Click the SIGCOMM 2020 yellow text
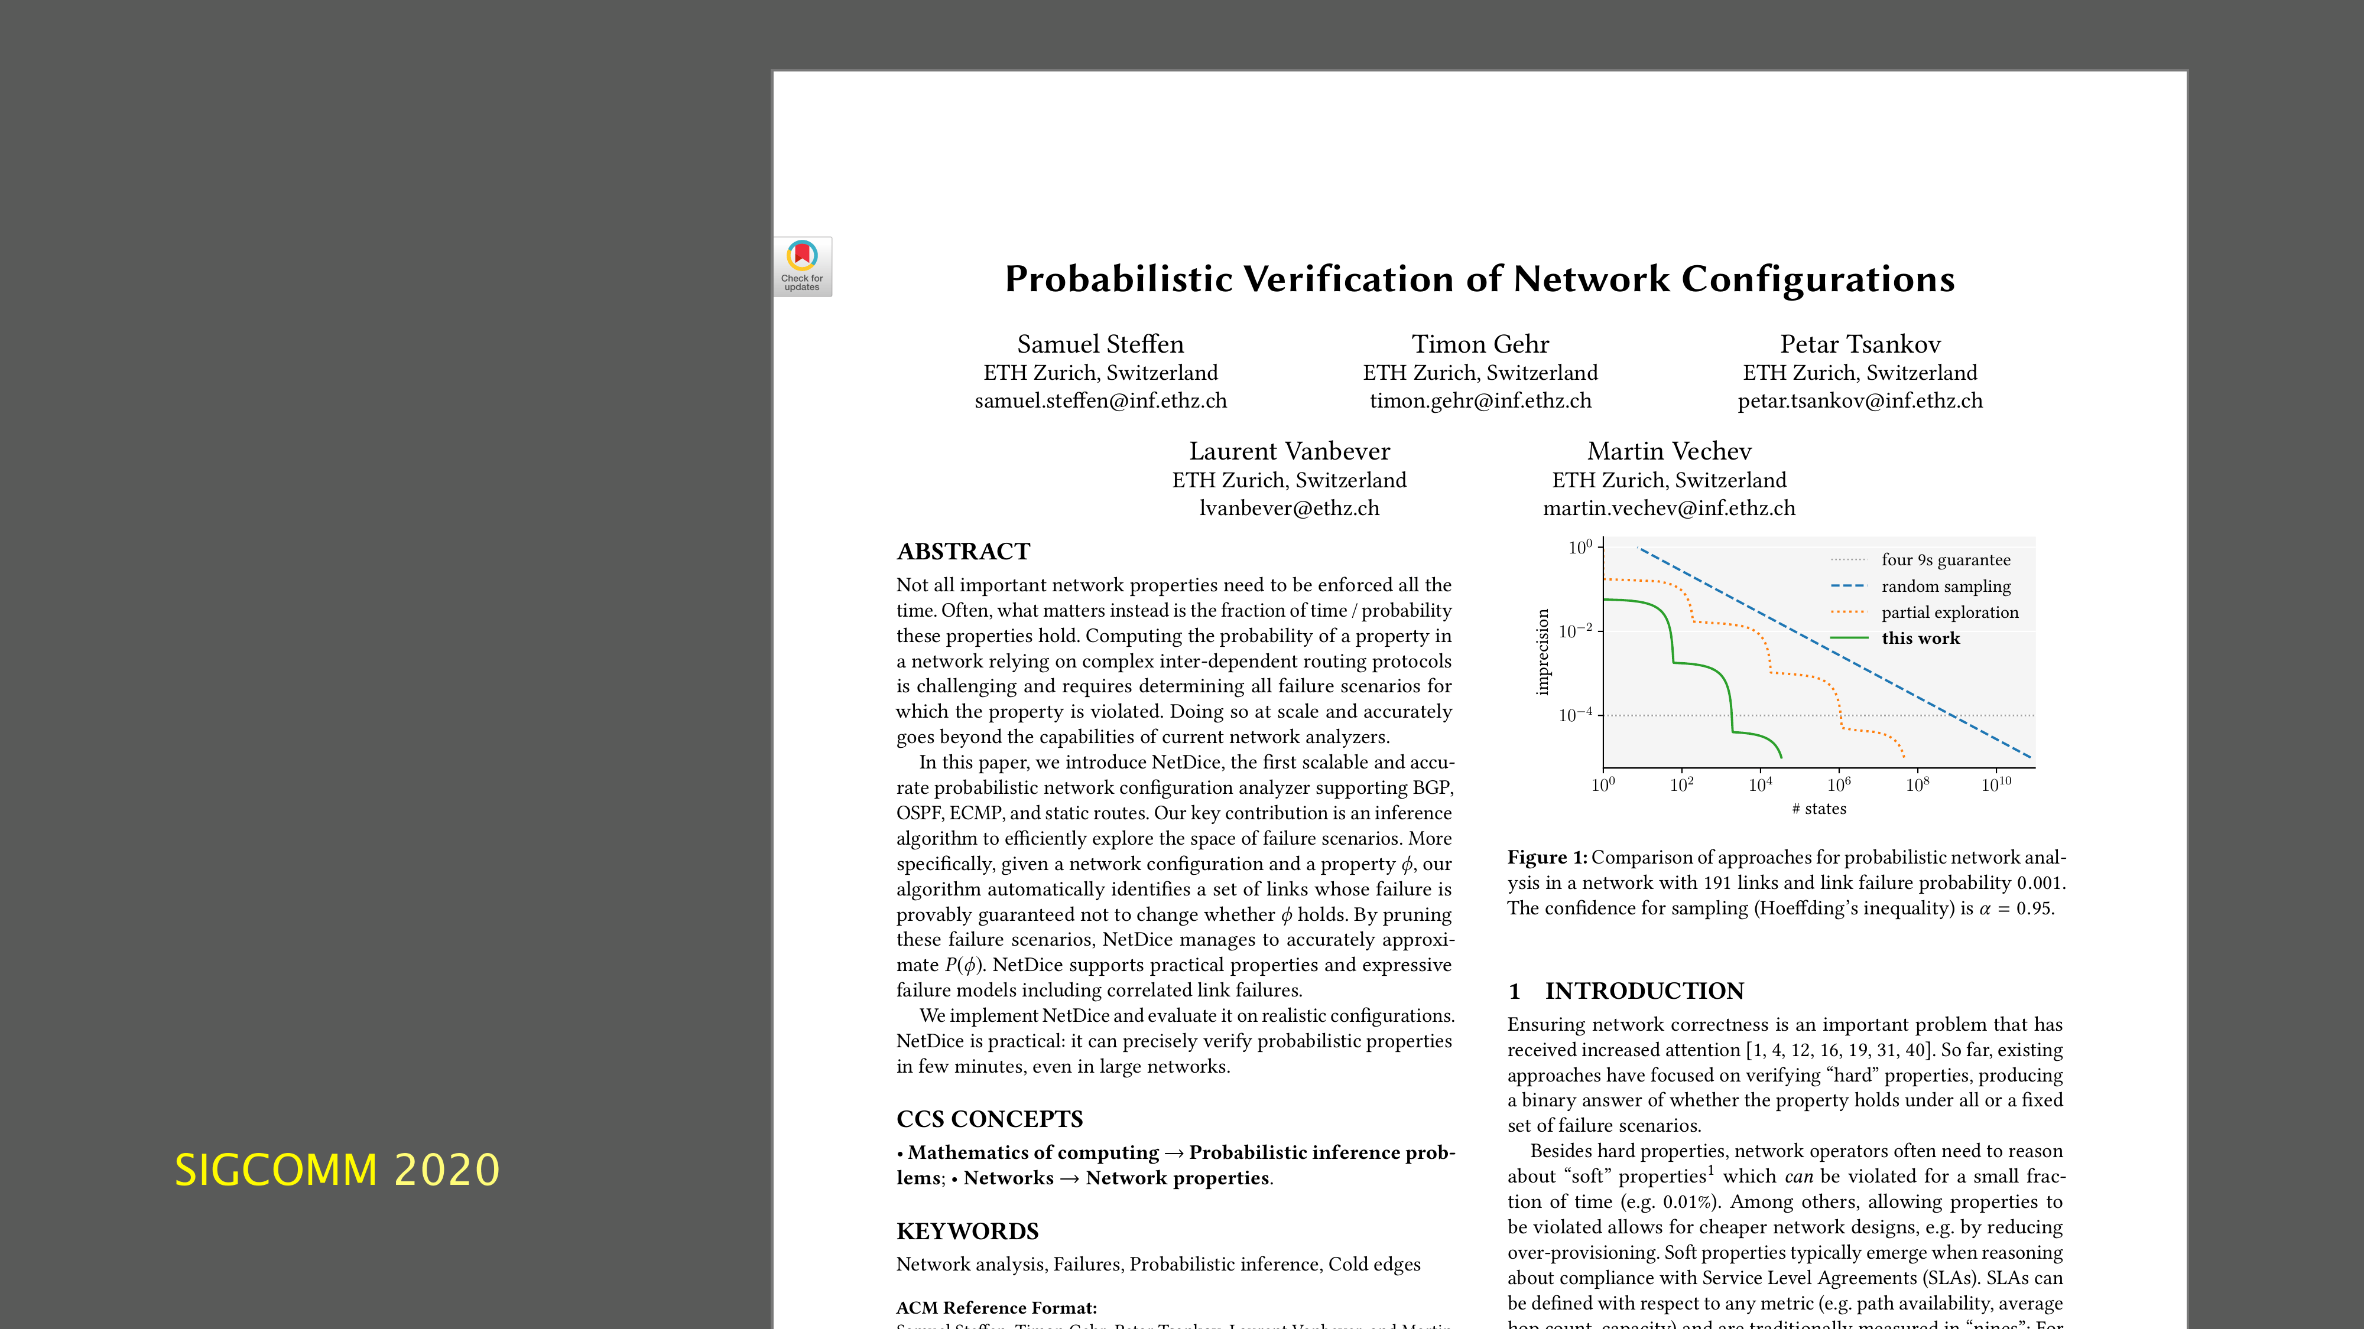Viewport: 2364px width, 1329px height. pos(337,1170)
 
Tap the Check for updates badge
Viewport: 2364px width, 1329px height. pos(802,266)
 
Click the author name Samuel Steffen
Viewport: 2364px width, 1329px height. pos(1100,344)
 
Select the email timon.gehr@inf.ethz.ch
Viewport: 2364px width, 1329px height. pos(1480,401)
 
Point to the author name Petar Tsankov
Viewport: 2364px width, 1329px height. pos(1860,344)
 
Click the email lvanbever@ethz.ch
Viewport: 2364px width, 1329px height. pos(1290,508)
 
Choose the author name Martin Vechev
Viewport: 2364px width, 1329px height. pos(1670,451)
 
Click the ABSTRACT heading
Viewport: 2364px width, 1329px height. pos(963,551)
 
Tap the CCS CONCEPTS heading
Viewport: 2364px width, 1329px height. pos(989,1119)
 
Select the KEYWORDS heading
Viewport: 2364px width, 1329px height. pos(967,1231)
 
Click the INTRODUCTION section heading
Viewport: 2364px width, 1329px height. pos(1644,991)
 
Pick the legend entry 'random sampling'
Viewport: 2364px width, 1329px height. pos(1946,586)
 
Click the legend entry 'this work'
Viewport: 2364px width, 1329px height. pos(1920,639)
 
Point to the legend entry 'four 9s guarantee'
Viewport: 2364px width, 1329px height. pos(1946,559)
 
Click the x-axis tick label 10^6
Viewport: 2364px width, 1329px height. pos(1839,784)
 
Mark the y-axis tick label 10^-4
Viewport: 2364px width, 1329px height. pos(1576,715)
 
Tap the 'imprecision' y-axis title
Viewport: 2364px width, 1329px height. pos(1543,652)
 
